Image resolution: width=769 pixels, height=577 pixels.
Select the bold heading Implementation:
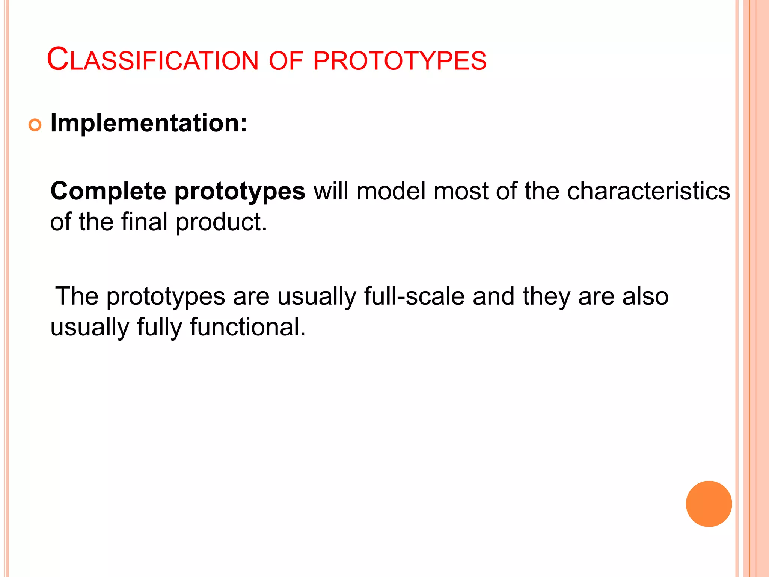point(149,123)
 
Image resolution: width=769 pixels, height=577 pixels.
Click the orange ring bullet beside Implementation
point(35,125)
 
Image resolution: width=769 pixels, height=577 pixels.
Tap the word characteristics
point(648,191)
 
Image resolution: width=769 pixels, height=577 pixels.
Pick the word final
point(144,222)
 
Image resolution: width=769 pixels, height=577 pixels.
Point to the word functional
point(248,327)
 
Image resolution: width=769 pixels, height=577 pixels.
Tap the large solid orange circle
point(709,504)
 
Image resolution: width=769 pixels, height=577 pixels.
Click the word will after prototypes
point(331,191)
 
